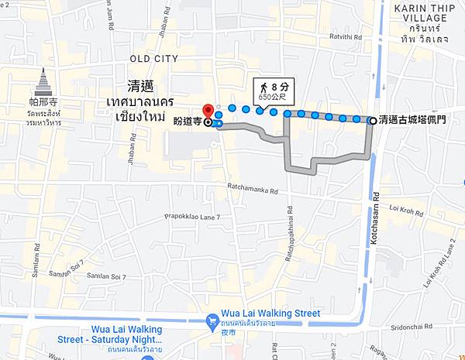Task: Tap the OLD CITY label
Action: click(154, 58)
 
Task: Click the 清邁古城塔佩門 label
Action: click(419, 120)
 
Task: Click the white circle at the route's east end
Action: click(374, 120)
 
